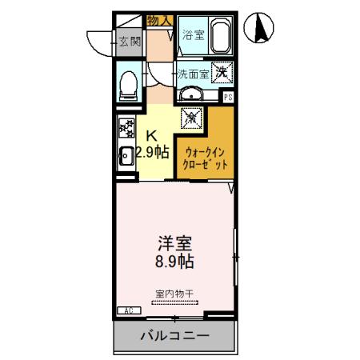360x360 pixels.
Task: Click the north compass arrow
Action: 261,30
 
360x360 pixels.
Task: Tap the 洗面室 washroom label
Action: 194,73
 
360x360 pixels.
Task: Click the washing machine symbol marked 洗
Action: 222,71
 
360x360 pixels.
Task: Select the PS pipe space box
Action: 228,98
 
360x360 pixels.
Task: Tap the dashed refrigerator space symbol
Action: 193,118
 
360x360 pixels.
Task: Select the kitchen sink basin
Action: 126,157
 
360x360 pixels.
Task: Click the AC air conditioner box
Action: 128,310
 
